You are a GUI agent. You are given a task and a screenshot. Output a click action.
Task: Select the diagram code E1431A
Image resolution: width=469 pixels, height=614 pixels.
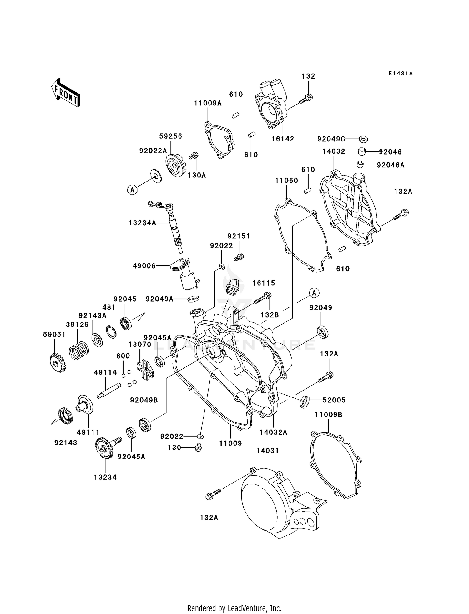click(401, 74)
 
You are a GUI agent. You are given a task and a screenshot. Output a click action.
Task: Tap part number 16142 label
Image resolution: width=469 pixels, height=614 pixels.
click(283, 139)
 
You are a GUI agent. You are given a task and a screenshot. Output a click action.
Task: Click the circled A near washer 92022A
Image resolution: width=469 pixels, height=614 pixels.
click(133, 189)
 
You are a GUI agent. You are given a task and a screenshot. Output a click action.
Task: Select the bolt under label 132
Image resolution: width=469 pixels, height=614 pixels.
click(305, 99)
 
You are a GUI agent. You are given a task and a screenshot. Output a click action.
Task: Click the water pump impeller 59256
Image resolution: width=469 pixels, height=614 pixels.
click(176, 165)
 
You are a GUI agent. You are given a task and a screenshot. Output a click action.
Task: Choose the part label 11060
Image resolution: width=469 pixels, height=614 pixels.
click(286, 181)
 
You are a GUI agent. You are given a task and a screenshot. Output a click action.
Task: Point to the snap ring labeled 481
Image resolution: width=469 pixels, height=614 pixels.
click(111, 332)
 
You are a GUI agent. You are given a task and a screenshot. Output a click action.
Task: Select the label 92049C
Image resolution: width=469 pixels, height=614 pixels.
click(331, 139)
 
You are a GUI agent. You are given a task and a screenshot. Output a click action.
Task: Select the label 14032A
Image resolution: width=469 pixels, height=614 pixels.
click(273, 432)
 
